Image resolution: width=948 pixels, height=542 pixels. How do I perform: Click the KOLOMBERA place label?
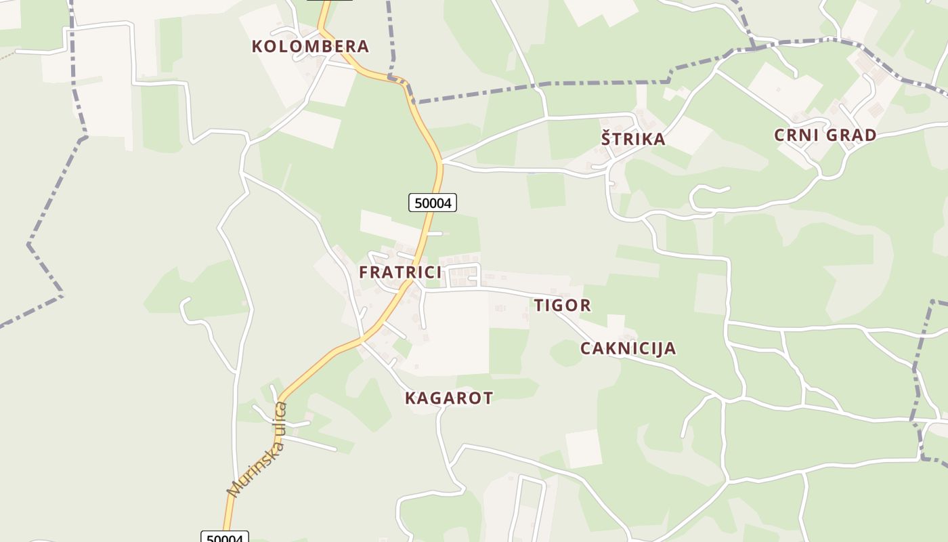point(310,46)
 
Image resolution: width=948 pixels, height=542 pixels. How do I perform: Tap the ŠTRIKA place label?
point(633,139)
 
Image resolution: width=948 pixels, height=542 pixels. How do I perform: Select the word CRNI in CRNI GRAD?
point(796,135)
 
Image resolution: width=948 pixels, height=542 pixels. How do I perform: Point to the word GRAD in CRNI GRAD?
point(850,135)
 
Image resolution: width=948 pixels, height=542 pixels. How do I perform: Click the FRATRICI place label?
point(400,272)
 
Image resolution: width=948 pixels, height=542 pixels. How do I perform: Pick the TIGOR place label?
point(562,306)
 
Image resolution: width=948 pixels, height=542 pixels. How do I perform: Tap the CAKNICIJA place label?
point(628,348)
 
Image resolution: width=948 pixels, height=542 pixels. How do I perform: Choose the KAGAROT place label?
point(449,398)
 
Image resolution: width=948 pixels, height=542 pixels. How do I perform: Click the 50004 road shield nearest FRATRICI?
point(433,202)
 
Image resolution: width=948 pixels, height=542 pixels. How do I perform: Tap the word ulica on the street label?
point(280,419)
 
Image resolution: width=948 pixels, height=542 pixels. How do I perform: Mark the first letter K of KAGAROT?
point(410,398)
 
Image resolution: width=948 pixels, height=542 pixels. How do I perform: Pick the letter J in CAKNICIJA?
point(660,348)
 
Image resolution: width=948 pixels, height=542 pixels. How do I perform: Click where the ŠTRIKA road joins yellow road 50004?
point(441,161)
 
